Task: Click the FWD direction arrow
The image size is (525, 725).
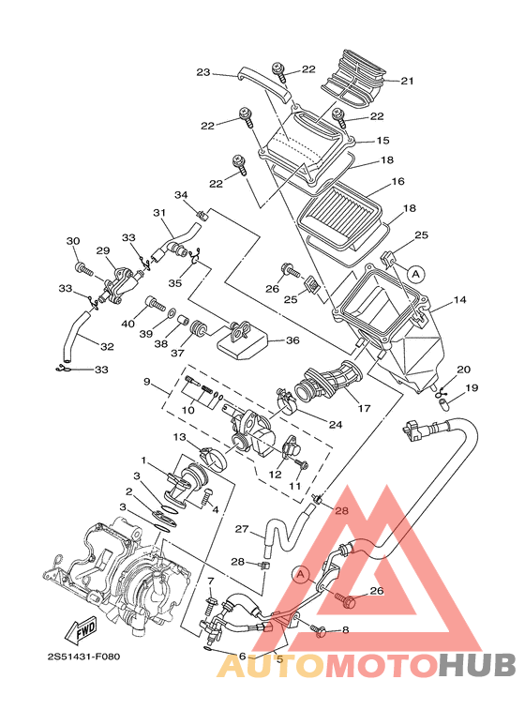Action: (x=82, y=629)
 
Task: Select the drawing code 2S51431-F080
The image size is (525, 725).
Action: (x=83, y=657)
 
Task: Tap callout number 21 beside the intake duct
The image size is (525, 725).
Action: (x=407, y=81)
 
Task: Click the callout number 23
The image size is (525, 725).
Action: (x=203, y=72)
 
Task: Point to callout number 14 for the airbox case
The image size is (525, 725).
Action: (x=459, y=299)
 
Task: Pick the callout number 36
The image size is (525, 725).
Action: (x=292, y=340)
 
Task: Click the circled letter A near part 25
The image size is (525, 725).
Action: (x=416, y=274)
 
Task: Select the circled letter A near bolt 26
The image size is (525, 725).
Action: (x=301, y=575)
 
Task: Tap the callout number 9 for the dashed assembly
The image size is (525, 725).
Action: (x=147, y=382)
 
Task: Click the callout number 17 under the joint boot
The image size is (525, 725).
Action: (x=364, y=408)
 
